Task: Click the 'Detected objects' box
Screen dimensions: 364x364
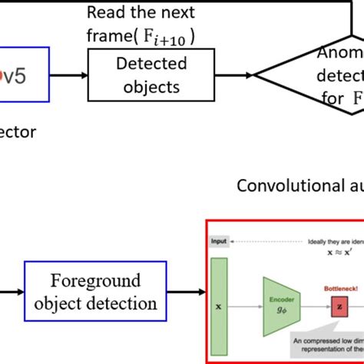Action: [x=142, y=74]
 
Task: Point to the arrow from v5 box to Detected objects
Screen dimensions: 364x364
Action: [x=69, y=75]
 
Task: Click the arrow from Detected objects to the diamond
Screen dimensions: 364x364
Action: [x=224, y=75]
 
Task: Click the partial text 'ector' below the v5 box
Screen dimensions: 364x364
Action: [x=18, y=131]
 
